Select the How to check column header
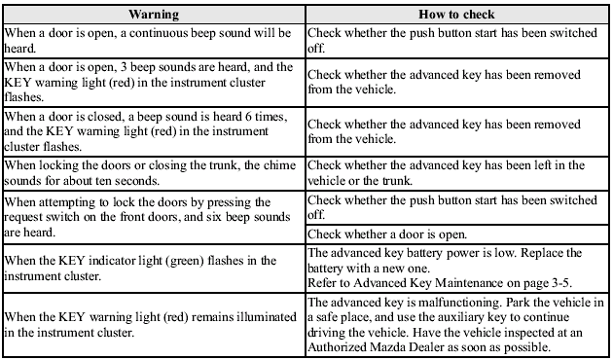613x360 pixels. (456, 15)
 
